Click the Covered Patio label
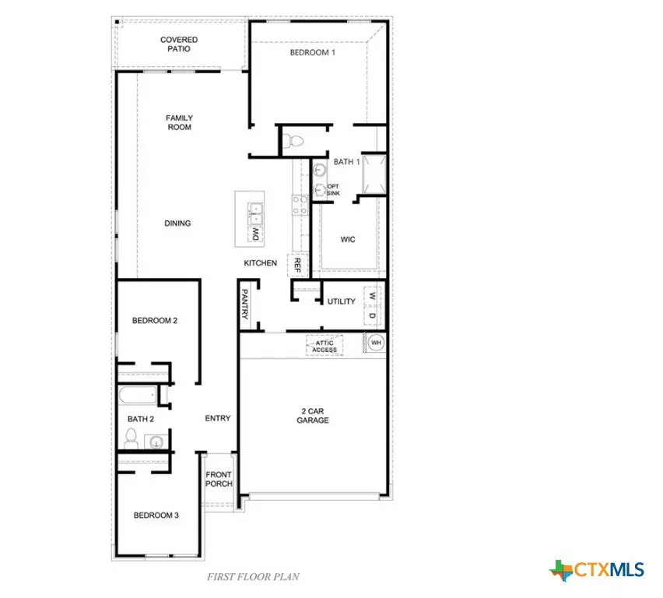tap(178, 44)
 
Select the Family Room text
tap(179, 123)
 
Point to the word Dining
tap(177, 223)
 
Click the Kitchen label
tap(260, 263)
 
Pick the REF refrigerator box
tap(297, 266)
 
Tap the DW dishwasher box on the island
tap(254, 233)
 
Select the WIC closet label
tap(348, 239)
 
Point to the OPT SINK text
tap(333, 189)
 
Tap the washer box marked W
tap(372, 297)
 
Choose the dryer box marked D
tap(372, 315)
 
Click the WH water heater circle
tap(376, 343)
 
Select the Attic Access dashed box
tap(324, 346)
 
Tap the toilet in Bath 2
tap(132, 438)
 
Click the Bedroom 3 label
tap(156, 515)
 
